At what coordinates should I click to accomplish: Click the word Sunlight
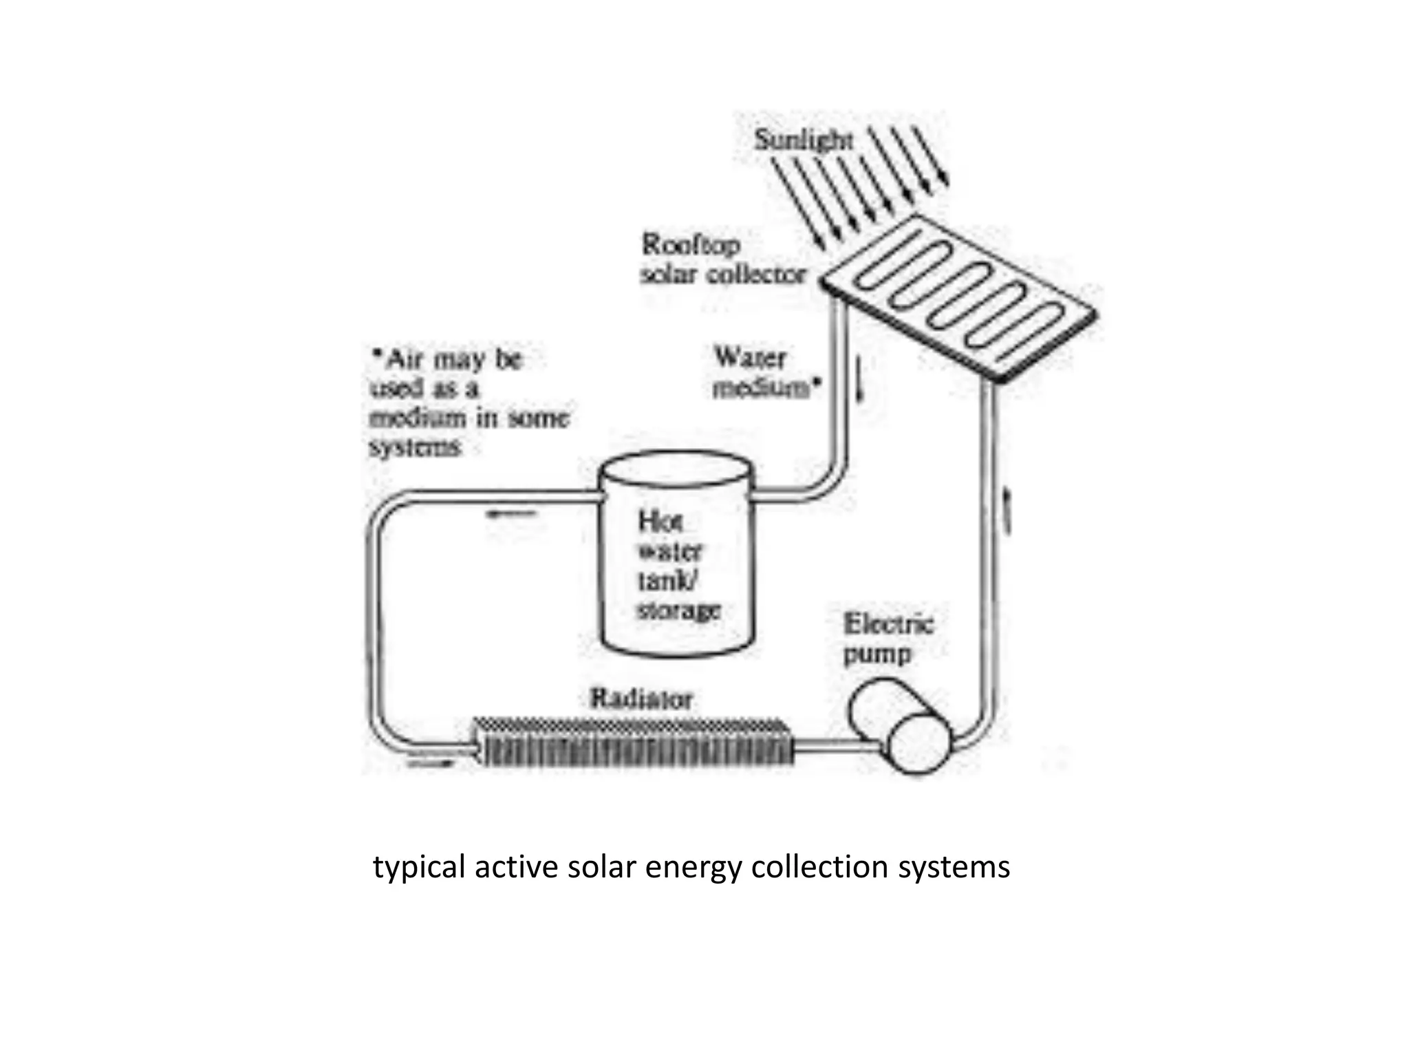(803, 140)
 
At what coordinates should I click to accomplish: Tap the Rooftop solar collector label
(722, 259)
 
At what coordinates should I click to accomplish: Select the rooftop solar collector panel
(959, 297)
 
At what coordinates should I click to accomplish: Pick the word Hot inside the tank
(660, 522)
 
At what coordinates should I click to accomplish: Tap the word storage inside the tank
(679, 610)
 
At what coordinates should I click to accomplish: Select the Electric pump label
(888, 639)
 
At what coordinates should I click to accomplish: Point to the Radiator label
(641, 700)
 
